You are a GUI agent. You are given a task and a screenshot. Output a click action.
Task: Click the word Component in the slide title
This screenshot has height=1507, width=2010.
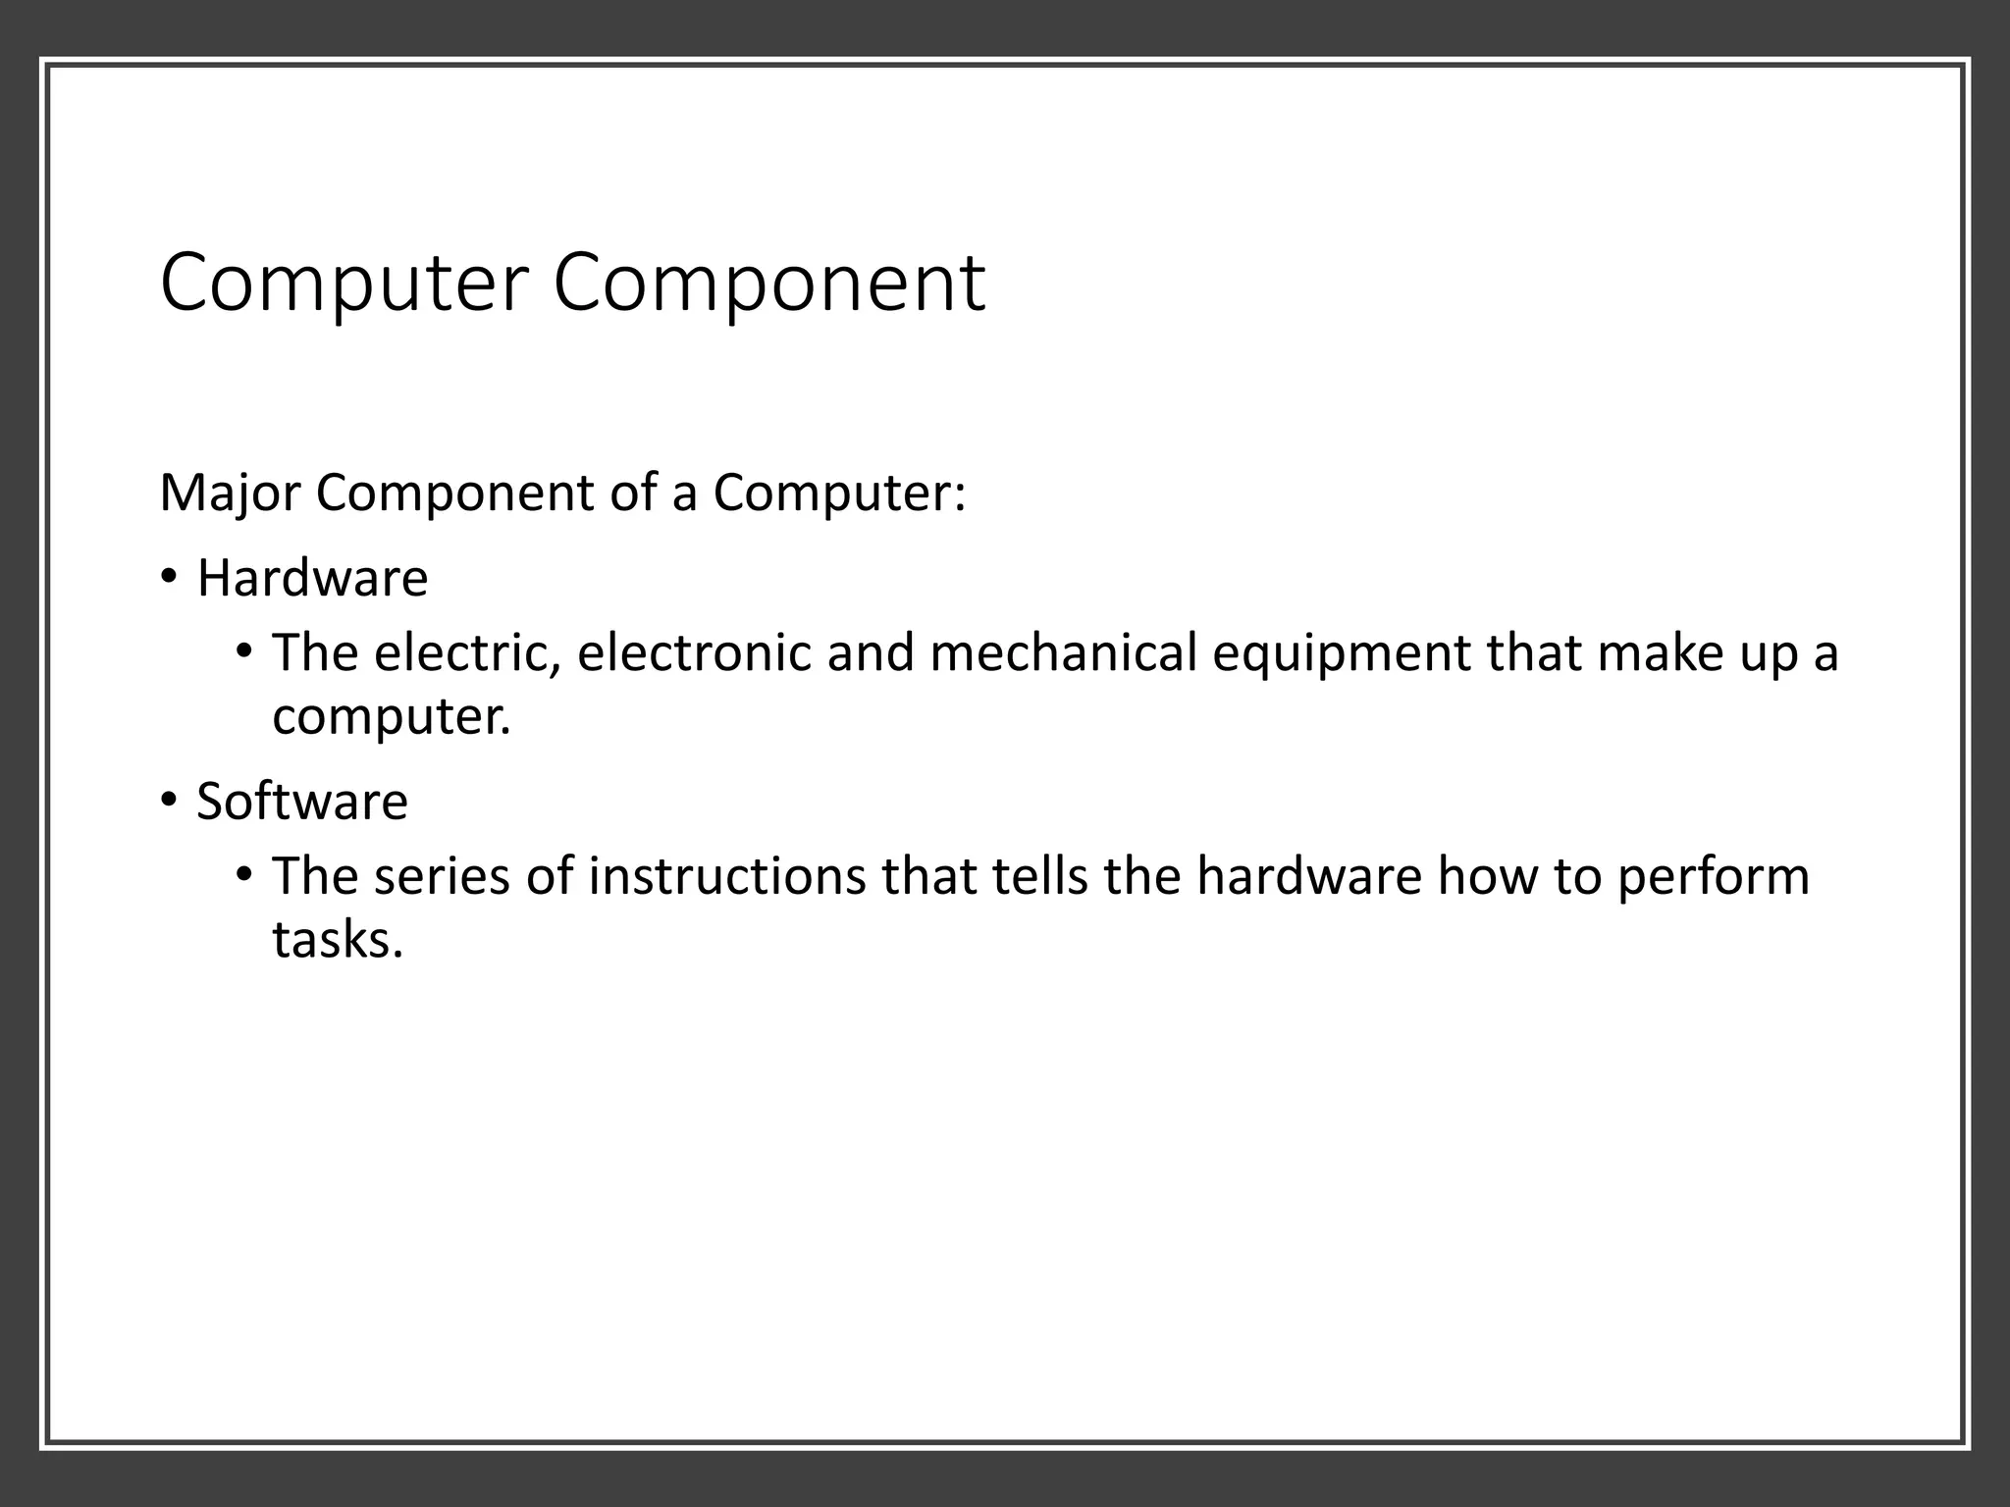coord(768,284)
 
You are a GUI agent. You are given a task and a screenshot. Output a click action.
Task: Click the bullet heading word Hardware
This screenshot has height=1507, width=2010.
coord(312,578)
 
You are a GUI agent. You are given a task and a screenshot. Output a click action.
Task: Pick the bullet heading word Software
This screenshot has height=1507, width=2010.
coord(302,801)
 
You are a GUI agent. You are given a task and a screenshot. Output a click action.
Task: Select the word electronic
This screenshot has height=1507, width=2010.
coord(695,653)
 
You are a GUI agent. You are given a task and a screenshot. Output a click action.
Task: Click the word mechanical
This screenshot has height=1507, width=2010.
coord(1063,653)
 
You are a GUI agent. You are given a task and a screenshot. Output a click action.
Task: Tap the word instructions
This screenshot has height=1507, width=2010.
coord(727,876)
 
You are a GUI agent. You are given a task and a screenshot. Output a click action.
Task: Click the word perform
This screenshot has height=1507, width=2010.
coord(1714,876)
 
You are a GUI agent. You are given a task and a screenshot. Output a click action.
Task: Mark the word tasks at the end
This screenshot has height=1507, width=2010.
coord(338,939)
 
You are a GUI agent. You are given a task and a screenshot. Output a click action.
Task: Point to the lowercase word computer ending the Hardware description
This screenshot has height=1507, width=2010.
coord(391,717)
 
